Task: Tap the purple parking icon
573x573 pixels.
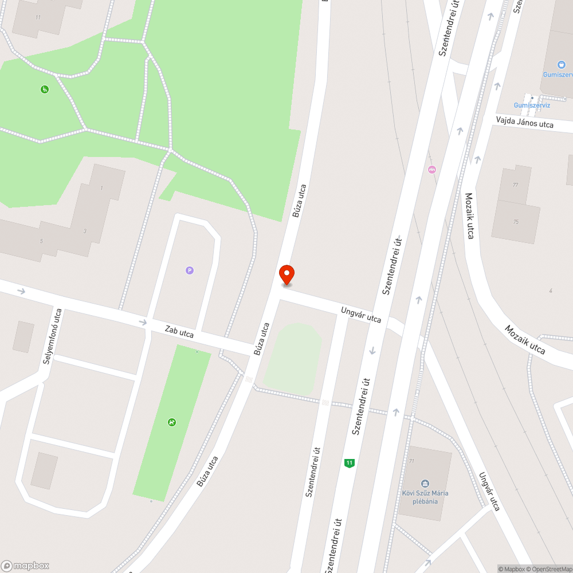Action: (190, 270)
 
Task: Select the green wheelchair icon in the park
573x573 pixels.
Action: (44, 89)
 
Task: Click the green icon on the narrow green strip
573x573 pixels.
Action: (171, 422)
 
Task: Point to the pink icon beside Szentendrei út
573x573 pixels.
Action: (431, 169)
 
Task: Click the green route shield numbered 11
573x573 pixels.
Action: (348, 463)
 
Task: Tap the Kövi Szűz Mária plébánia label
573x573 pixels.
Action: (425, 497)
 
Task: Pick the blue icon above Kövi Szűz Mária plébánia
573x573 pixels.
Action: (425, 483)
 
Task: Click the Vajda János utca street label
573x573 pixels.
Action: (525, 121)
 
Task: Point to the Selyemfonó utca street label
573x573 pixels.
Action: (53, 337)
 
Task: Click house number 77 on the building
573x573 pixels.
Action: (516, 185)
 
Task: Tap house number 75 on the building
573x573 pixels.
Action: (516, 221)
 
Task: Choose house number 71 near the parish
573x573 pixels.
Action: (411, 461)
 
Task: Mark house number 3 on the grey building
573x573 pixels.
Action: (85, 231)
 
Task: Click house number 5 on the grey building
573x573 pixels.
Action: (41, 241)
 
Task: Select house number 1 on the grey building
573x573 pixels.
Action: (102, 188)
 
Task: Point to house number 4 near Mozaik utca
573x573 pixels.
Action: (551, 291)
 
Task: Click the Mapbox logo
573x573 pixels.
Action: (26, 565)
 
